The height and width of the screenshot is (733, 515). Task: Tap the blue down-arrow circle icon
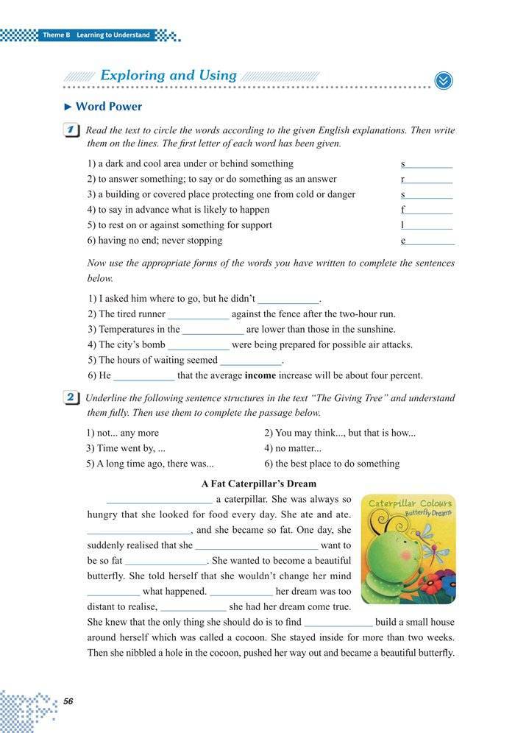443,80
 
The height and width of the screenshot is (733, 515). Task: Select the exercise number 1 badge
71,131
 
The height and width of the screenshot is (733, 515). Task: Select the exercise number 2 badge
71,398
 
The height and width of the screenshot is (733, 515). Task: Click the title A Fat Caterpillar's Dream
258,484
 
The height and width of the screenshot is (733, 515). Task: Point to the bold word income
260,375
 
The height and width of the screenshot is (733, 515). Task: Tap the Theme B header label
96,35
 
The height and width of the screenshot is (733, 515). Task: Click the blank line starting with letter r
429,180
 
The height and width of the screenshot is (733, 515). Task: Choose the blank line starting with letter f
429,211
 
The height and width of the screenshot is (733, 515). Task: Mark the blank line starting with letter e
430,242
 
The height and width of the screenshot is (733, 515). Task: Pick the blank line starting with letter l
429,227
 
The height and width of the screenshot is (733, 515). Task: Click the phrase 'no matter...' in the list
293,448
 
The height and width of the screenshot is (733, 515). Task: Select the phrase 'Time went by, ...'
126,448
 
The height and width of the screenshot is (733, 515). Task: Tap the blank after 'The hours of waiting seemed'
251,361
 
